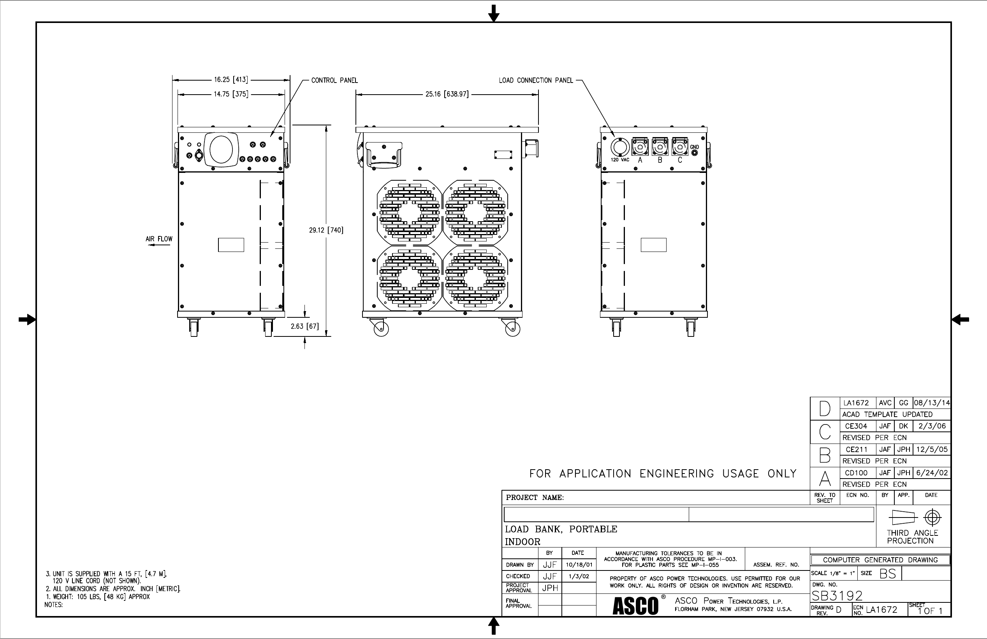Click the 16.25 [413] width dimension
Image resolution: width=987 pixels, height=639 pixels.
230,79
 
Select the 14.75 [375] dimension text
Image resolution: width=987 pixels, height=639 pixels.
230,94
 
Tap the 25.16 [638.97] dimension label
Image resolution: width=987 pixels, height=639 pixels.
447,94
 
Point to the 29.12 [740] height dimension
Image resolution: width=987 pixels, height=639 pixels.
326,230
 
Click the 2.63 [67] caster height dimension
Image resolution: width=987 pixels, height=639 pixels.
304,326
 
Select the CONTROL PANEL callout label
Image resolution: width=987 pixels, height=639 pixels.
334,81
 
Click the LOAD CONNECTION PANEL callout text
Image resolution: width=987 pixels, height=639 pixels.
536,81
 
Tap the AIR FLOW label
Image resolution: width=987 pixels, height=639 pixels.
159,239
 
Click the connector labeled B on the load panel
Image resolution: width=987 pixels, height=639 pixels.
660,147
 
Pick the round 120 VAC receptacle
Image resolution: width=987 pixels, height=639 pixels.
620,148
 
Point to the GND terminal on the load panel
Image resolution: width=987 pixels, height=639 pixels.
694,152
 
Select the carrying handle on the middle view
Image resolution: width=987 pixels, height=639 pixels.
384,155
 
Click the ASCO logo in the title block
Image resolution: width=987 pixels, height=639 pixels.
635,606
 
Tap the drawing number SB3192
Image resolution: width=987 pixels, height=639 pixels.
837,596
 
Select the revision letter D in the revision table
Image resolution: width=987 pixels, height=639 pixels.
824,409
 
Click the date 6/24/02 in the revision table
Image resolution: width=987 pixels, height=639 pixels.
932,473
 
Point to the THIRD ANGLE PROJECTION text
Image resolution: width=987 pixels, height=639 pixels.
912,537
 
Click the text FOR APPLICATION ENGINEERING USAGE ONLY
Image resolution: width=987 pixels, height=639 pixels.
663,474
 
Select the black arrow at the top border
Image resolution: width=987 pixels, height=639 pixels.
494,14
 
